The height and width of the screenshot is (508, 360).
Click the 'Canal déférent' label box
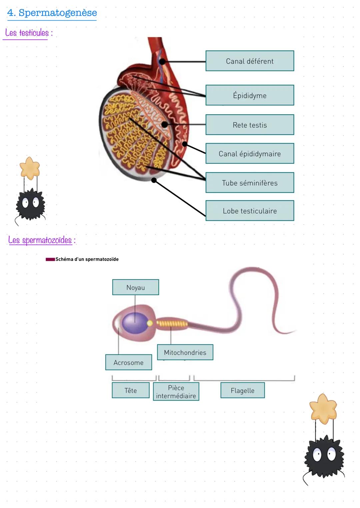(x=250, y=61)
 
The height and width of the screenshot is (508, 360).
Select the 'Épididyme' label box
(x=250, y=95)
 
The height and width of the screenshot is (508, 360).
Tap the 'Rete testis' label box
(x=250, y=125)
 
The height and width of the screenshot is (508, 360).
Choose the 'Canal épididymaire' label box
(x=250, y=154)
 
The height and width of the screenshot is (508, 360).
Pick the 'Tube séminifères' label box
(x=250, y=183)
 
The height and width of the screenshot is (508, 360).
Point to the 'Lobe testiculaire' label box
(x=250, y=211)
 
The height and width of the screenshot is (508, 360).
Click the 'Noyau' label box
(x=135, y=287)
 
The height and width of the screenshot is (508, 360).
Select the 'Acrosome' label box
(x=128, y=362)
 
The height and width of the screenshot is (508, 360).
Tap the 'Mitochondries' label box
(x=185, y=352)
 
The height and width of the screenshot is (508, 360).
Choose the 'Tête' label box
(x=130, y=390)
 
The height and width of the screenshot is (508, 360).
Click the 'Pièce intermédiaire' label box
(x=176, y=392)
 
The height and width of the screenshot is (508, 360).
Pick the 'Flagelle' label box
(x=242, y=390)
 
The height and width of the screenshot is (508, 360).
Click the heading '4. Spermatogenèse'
(x=52, y=13)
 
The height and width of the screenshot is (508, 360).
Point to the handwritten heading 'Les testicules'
(x=27, y=33)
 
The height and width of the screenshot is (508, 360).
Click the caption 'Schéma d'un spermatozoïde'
(x=87, y=259)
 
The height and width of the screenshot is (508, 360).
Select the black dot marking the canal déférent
(x=162, y=62)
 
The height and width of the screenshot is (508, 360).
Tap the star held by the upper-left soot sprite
(x=30, y=168)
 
